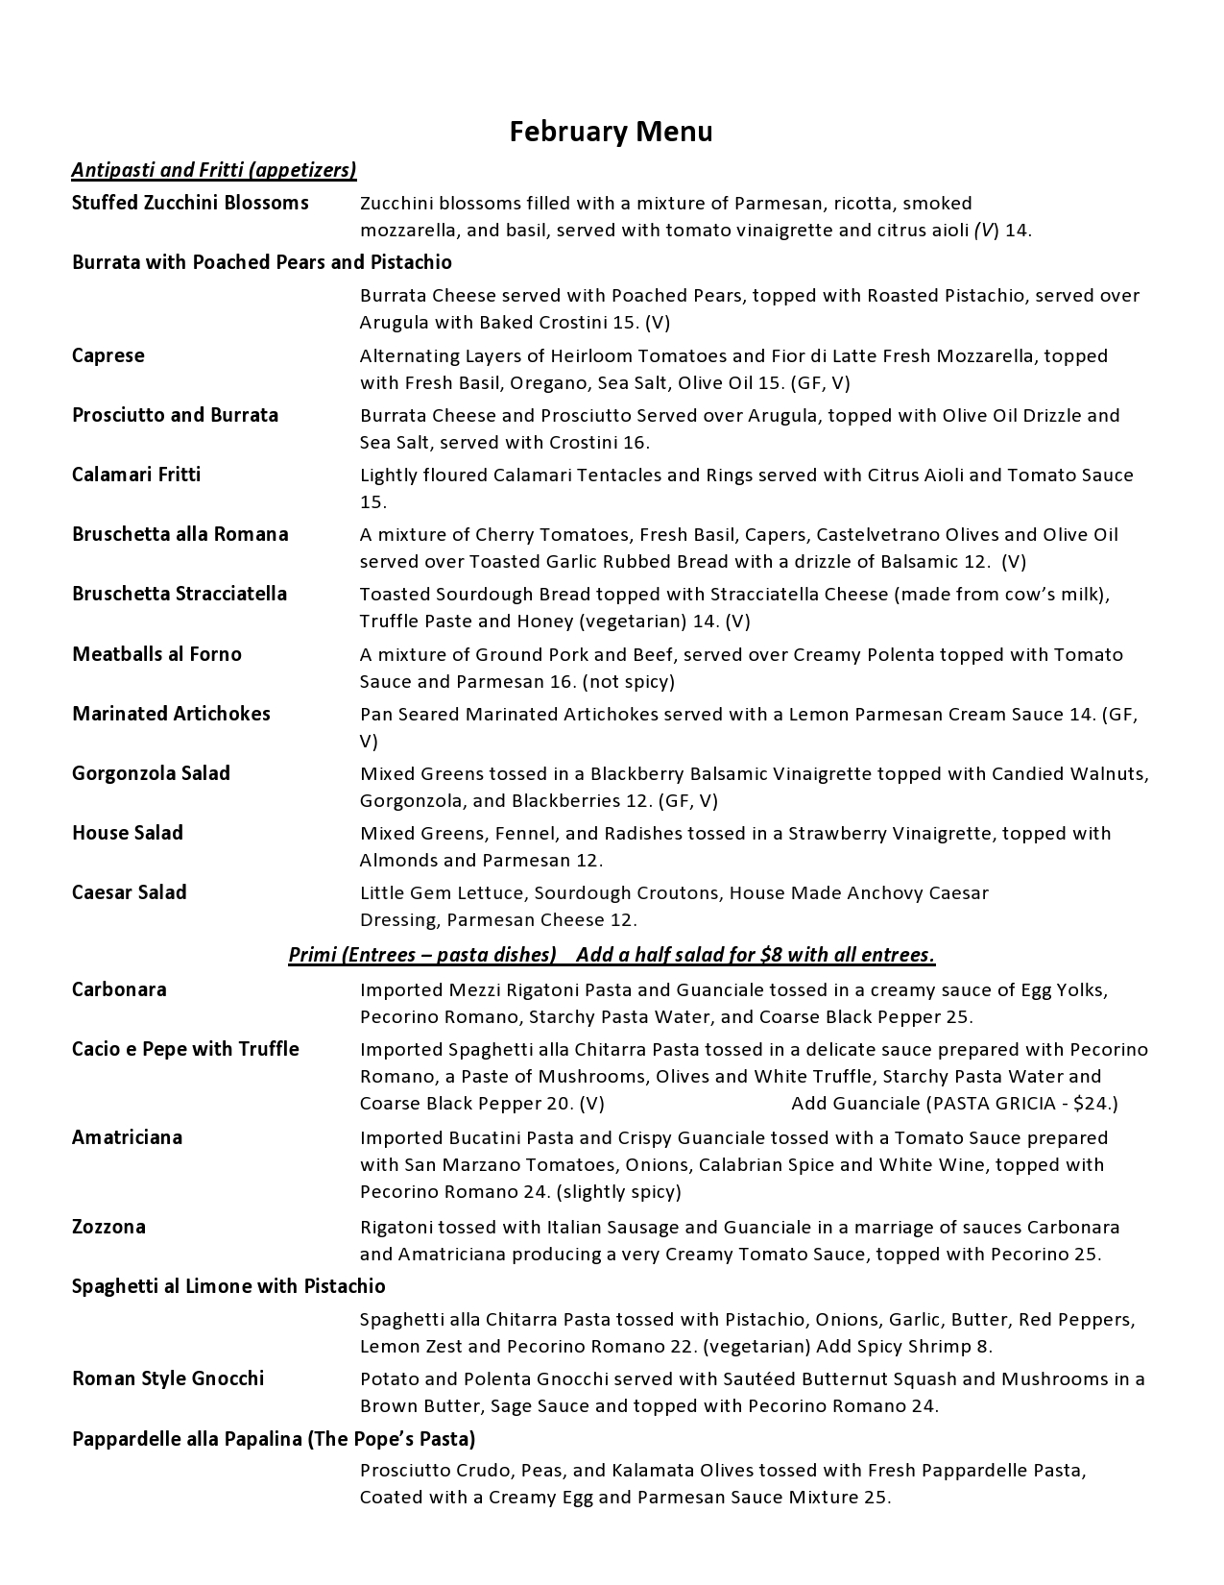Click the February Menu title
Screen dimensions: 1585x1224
tap(611, 131)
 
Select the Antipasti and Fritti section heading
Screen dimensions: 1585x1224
tap(214, 170)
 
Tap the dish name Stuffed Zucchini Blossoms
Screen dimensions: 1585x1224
tap(190, 203)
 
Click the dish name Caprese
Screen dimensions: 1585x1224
tap(108, 355)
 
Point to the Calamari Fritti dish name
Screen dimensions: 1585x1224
tap(136, 475)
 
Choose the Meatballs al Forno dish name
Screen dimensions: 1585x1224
tap(156, 654)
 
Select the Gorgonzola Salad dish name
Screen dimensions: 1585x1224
tap(151, 773)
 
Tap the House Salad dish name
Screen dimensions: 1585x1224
tap(128, 833)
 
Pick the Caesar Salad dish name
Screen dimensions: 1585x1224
tap(130, 892)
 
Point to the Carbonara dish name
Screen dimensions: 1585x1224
tap(119, 989)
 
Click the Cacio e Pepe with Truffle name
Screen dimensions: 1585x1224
tap(185, 1049)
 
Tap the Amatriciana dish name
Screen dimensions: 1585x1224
tap(127, 1137)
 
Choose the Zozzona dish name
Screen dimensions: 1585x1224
tap(108, 1227)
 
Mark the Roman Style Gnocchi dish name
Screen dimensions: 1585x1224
tap(168, 1378)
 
